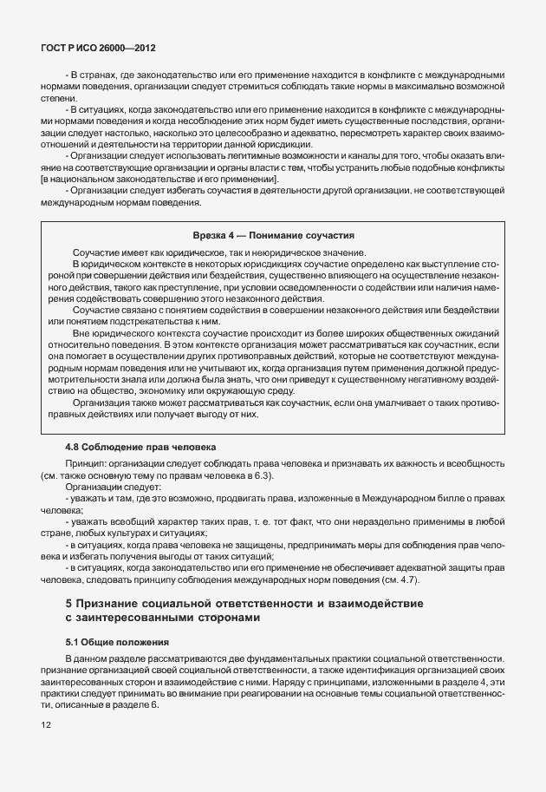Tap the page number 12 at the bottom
pos(46,724)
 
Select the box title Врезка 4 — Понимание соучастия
pos(273,235)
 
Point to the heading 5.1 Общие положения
pos(116,642)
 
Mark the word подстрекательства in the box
pos(149,321)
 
